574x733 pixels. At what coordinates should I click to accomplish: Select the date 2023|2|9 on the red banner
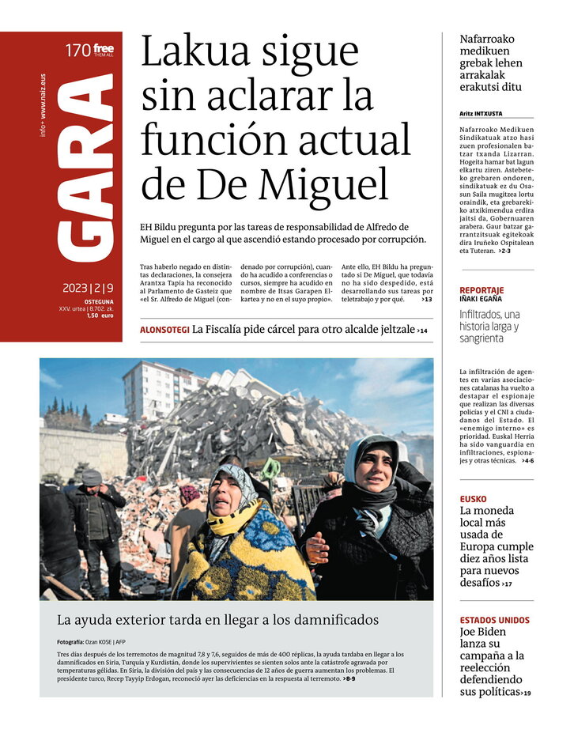click(x=88, y=289)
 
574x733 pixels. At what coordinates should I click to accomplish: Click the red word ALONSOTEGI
click(x=164, y=329)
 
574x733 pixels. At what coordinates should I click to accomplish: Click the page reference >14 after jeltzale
click(x=422, y=330)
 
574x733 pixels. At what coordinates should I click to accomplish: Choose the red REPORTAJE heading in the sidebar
click(x=481, y=290)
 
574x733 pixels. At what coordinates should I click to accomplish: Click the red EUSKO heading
click(x=474, y=499)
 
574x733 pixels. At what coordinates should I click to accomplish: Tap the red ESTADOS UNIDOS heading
click(x=495, y=621)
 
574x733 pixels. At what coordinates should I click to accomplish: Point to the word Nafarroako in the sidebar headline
click(x=487, y=39)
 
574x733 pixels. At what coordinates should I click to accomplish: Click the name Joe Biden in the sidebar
click(x=483, y=633)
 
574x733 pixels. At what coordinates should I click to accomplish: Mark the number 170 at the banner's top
click(x=77, y=51)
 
